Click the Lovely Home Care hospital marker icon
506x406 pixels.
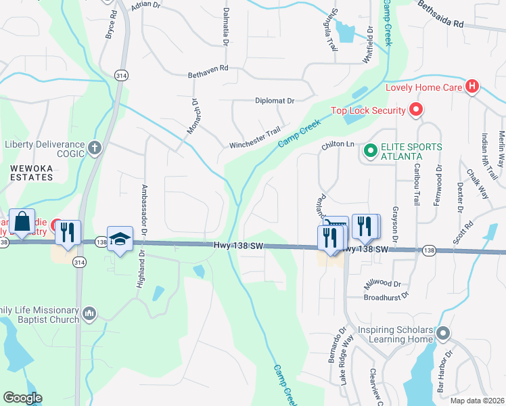(x=473, y=87)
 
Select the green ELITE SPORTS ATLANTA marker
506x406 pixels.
(x=370, y=151)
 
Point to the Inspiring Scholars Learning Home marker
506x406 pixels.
(x=443, y=334)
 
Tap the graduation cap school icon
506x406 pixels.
(x=120, y=240)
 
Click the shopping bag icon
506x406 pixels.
(x=22, y=222)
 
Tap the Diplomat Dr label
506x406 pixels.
(x=275, y=101)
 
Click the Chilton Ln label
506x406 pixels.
(x=338, y=144)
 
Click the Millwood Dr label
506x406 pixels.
(x=383, y=284)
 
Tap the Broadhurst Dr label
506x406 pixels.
(x=386, y=296)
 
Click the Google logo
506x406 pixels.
(x=22, y=398)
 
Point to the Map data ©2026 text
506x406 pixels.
(x=476, y=401)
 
